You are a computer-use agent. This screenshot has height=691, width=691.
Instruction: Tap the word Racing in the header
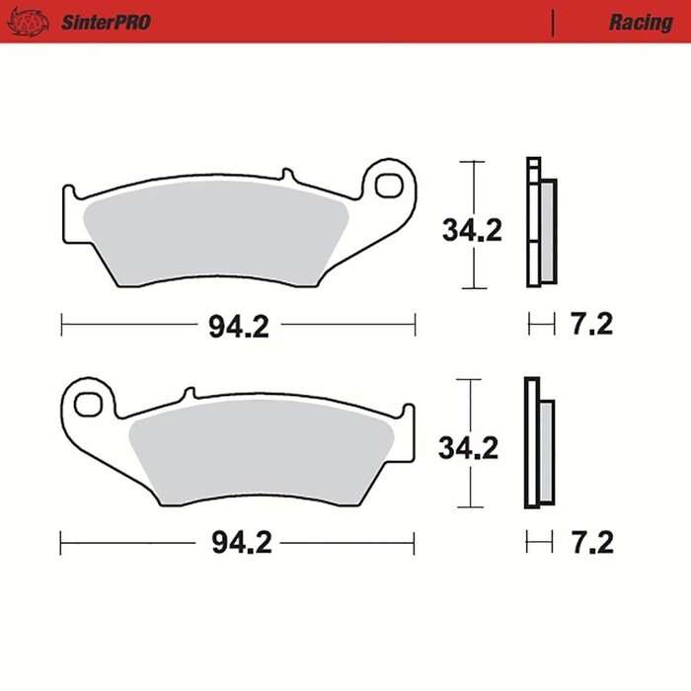coord(640,22)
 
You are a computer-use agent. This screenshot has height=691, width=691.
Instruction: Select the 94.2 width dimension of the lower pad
coord(238,542)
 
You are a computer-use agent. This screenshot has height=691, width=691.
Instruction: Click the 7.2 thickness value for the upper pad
coord(592,325)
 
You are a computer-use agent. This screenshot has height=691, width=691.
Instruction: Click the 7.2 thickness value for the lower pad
coord(592,542)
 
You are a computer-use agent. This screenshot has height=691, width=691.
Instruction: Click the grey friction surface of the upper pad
coord(217,237)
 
